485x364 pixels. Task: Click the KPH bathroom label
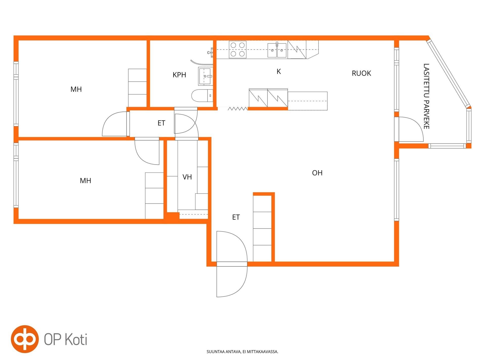[x=179, y=75]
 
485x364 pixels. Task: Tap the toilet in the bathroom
[x=202, y=96]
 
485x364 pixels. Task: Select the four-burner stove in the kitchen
[x=238, y=50]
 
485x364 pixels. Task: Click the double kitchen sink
[x=277, y=50]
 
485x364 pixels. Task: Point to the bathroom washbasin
[x=205, y=76]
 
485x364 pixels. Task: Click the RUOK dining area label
[x=361, y=73]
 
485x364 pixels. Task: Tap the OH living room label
[x=317, y=173]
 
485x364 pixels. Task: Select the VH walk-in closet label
[x=187, y=177]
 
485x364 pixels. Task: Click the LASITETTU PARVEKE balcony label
[x=426, y=96]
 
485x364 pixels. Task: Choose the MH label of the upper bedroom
[x=76, y=89]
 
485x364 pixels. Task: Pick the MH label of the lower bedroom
[x=85, y=181]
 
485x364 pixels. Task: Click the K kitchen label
[x=279, y=72]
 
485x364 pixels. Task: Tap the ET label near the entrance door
[x=236, y=217]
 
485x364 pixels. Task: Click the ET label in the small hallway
[x=161, y=123]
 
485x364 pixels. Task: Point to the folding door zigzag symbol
[x=238, y=109]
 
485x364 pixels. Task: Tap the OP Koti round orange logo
[x=25, y=339]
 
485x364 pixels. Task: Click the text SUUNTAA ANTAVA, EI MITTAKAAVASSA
[x=243, y=352]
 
